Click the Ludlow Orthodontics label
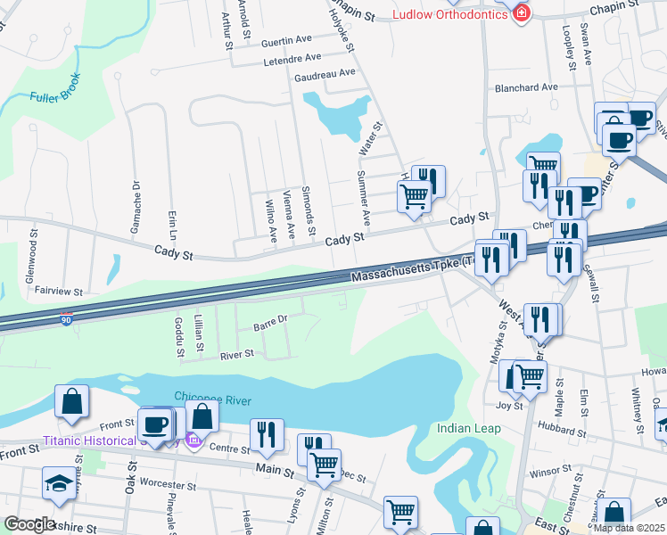(450, 15)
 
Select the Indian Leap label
(469, 428)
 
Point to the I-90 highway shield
(67, 318)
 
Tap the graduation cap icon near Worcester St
(60, 483)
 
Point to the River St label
(236, 354)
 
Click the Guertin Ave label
(284, 41)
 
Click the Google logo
(30, 523)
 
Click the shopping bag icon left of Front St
(71, 402)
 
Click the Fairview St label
(54, 292)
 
